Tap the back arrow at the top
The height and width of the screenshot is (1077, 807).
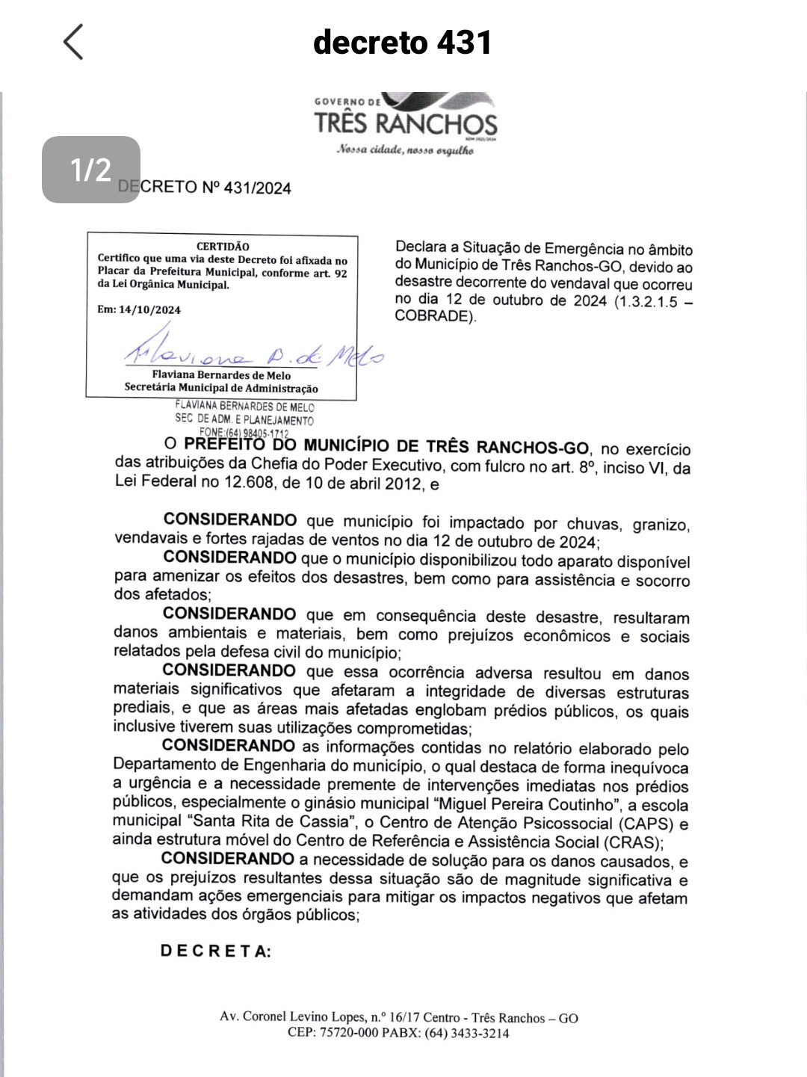coord(73,42)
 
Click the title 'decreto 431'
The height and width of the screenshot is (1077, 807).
coord(403,42)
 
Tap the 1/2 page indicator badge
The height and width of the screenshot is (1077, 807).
coord(90,170)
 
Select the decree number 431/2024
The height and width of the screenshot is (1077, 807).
coord(257,188)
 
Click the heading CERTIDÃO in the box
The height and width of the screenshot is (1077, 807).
coord(223,246)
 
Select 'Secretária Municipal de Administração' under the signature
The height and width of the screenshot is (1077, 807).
coord(221,388)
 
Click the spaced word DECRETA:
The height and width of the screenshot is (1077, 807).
coord(215,951)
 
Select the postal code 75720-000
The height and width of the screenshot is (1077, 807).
coord(349,1033)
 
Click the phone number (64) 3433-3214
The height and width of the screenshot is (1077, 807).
coord(467,1033)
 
